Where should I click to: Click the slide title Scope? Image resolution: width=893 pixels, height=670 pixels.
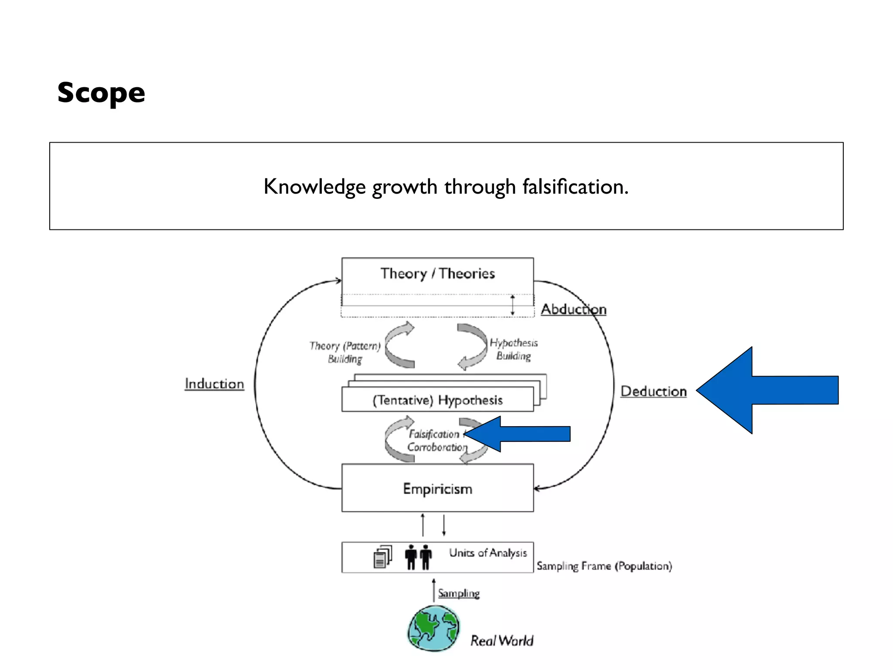[x=101, y=93]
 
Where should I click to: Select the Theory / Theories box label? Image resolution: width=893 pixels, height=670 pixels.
[x=437, y=273]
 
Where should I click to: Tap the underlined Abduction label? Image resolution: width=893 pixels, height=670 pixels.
[x=573, y=309]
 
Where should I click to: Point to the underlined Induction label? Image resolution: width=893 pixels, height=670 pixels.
[x=214, y=384]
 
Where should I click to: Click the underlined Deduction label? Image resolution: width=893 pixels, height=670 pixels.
[x=653, y=391]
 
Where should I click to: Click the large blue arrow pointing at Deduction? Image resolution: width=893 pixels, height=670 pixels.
[x=767, y=390]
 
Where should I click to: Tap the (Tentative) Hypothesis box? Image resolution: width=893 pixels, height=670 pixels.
[x=437, y=400]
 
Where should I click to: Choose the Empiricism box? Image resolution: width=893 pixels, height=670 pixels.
[x=437, y=489]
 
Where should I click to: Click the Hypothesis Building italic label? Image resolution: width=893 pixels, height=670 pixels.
[x=513, y=349]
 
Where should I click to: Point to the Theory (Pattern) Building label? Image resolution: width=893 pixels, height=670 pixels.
[x=345, y=352]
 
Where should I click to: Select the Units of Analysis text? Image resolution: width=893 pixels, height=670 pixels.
[x=488, y=553]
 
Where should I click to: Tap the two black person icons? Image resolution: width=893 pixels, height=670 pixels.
[x=418, y=557]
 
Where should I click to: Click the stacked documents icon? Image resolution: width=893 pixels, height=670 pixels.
[x=382, y=557]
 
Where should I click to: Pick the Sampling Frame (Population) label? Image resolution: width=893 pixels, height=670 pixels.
[x=604, y=566]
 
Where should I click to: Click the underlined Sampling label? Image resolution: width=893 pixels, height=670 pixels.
[x=459, y=593]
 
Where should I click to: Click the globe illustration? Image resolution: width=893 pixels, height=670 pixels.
[x=433, y=629]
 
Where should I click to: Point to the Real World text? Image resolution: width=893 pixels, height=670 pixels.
[x=501, y=641]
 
